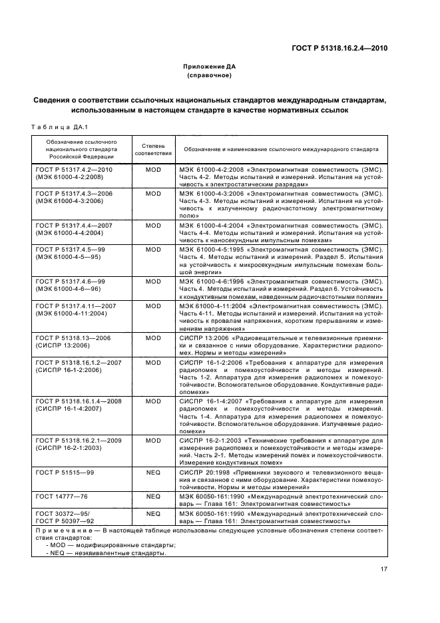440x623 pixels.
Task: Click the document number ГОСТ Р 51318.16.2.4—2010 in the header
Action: (339, 48)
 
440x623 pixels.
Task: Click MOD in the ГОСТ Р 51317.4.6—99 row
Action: (153, 282)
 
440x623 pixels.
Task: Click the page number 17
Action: (384, 568)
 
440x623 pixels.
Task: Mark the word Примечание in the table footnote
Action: (63, 530)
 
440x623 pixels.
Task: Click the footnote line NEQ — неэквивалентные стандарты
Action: (107, 552)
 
